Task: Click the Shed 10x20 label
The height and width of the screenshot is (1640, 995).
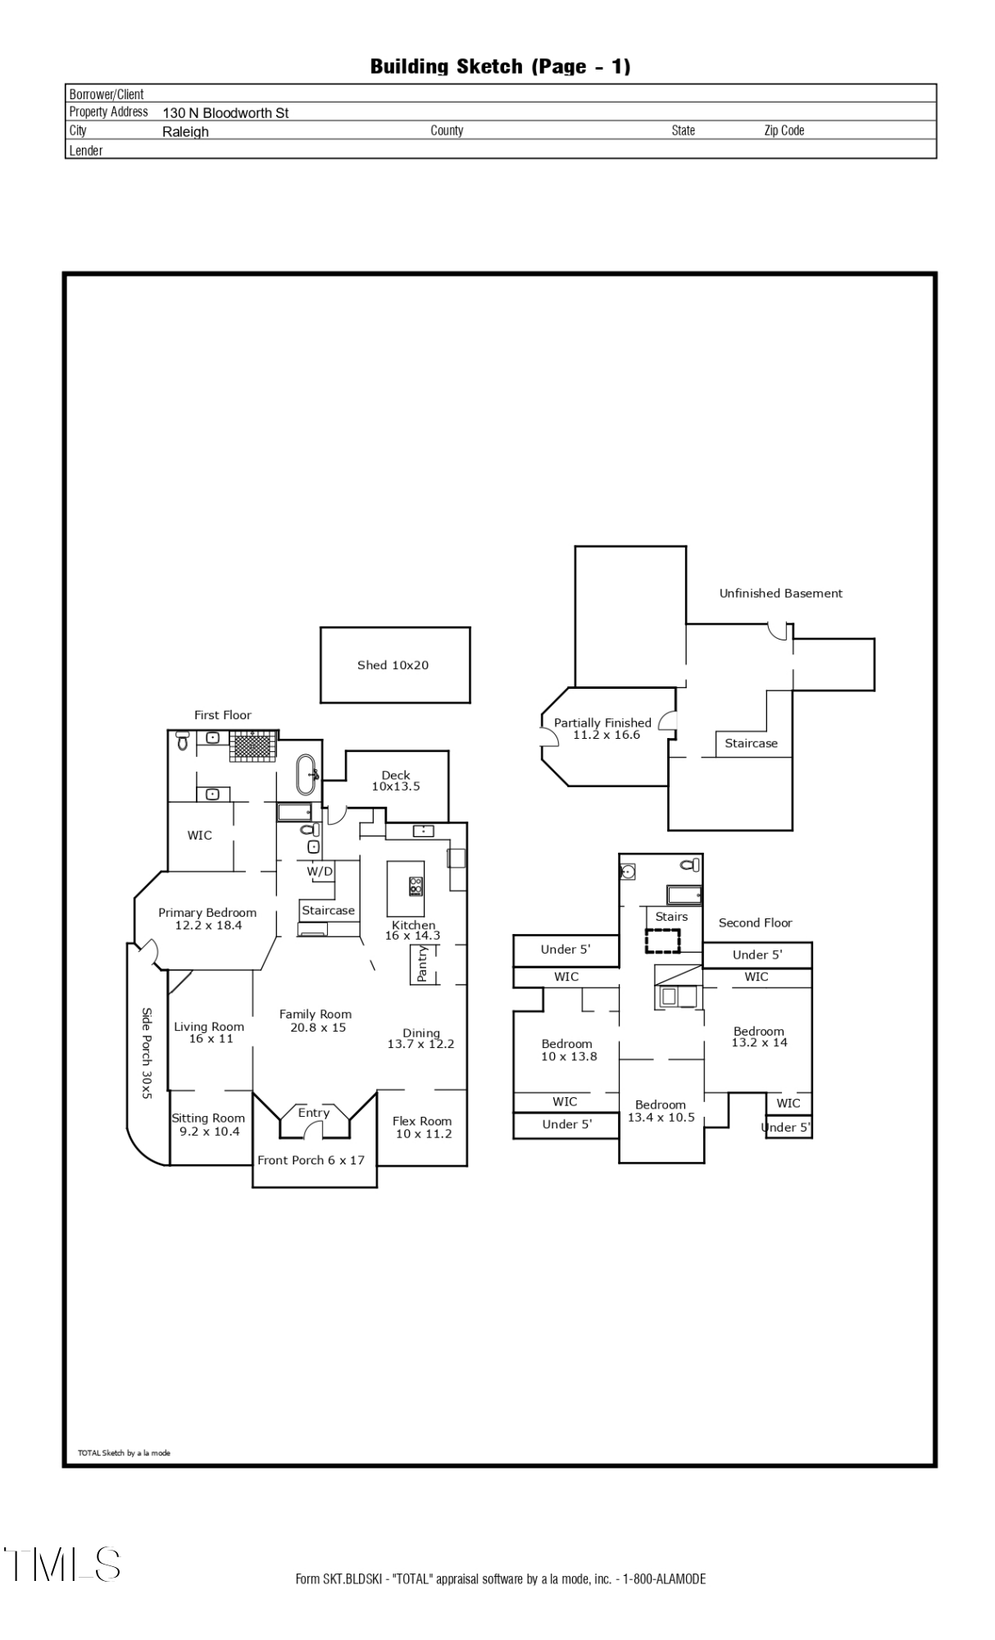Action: (393, 665)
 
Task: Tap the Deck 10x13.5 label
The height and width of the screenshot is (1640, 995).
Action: (396, 781)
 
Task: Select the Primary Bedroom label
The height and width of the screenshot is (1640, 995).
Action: (207, 918)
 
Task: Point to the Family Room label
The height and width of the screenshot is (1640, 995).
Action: (316, 1020)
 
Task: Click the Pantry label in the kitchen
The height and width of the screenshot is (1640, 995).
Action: (422, 964)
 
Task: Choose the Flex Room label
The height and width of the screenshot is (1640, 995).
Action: (422, 1127)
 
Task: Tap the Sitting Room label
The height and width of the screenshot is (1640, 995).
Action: (208, 1124)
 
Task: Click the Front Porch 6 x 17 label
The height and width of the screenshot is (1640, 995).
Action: (311, 1159)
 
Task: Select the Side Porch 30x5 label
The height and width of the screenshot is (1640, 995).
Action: (147, 1053)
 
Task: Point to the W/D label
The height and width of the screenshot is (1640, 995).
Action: (320, 871)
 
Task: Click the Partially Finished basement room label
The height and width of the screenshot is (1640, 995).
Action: (602, 728)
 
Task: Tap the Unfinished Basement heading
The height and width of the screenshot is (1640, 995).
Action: (781, 593)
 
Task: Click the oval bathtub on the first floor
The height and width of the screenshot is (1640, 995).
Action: (307, 775)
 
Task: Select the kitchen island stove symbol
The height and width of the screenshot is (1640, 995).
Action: (416, 886)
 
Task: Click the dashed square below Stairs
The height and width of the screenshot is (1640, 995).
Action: (662, 941)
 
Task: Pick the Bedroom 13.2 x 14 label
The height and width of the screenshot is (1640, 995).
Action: (759, 1036)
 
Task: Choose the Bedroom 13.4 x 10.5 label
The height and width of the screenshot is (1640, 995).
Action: (661, 1110)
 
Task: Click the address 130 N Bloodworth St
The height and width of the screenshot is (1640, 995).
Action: (225, 113)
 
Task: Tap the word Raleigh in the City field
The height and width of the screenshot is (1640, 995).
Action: (185, 132)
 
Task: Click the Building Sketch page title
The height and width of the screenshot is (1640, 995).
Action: (500, 66)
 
